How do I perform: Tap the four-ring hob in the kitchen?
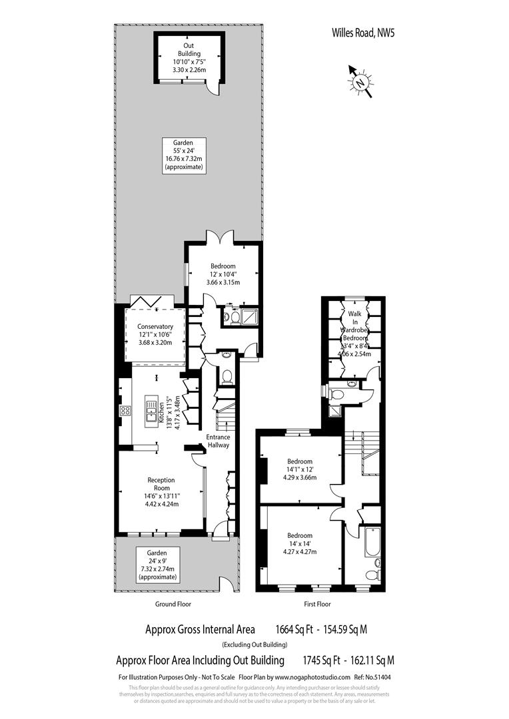tap(124, 411)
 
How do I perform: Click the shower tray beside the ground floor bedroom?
tap(250, 318)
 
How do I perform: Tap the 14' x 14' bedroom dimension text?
tap(300, 543)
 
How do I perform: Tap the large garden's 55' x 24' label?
tap(183, 150)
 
